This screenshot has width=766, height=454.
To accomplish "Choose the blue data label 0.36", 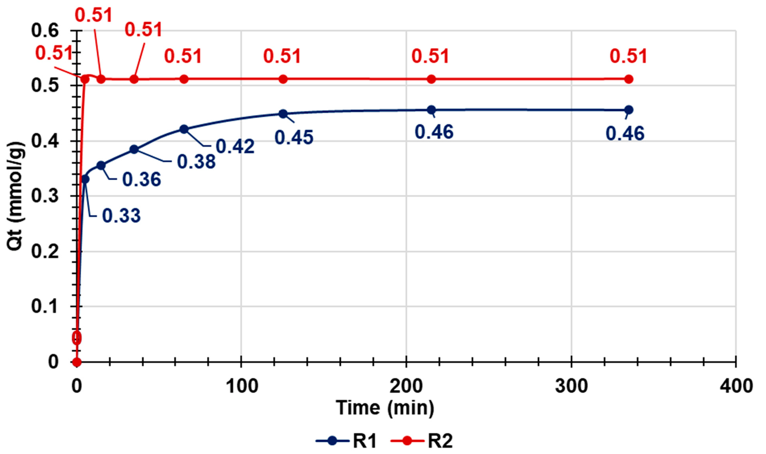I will pos(142,179).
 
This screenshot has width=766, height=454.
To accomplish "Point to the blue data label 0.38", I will pos(196,162).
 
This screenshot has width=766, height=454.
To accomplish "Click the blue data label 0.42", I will pos(235,146).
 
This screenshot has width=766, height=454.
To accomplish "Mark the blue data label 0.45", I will pos(294,137).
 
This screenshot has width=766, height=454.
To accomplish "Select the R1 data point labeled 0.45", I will pos(283,114).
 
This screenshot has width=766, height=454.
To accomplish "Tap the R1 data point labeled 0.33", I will pos(85,179).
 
